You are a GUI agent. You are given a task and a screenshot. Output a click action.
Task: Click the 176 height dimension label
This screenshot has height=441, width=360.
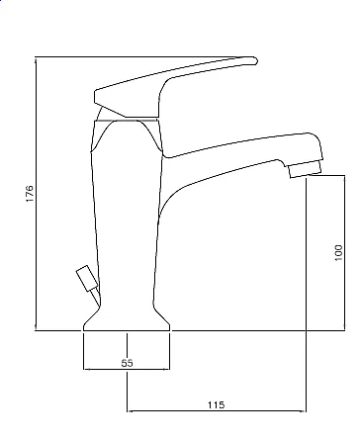pos(30,194)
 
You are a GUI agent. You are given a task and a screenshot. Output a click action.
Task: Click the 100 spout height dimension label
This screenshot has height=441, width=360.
pos(338,253)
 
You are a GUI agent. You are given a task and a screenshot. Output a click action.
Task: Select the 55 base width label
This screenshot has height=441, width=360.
pos(127,363)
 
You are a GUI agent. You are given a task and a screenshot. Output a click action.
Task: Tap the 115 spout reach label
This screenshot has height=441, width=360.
pos(216,404)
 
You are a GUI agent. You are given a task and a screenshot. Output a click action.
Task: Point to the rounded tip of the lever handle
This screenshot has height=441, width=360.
pos(255,60)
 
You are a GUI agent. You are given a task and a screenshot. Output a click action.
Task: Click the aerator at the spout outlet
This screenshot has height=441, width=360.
pos(305,169)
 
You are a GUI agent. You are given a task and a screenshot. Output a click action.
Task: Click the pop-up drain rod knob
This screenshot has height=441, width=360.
pos(87,278)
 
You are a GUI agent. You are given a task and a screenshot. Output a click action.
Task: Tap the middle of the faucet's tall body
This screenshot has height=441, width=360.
pos(127,215)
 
